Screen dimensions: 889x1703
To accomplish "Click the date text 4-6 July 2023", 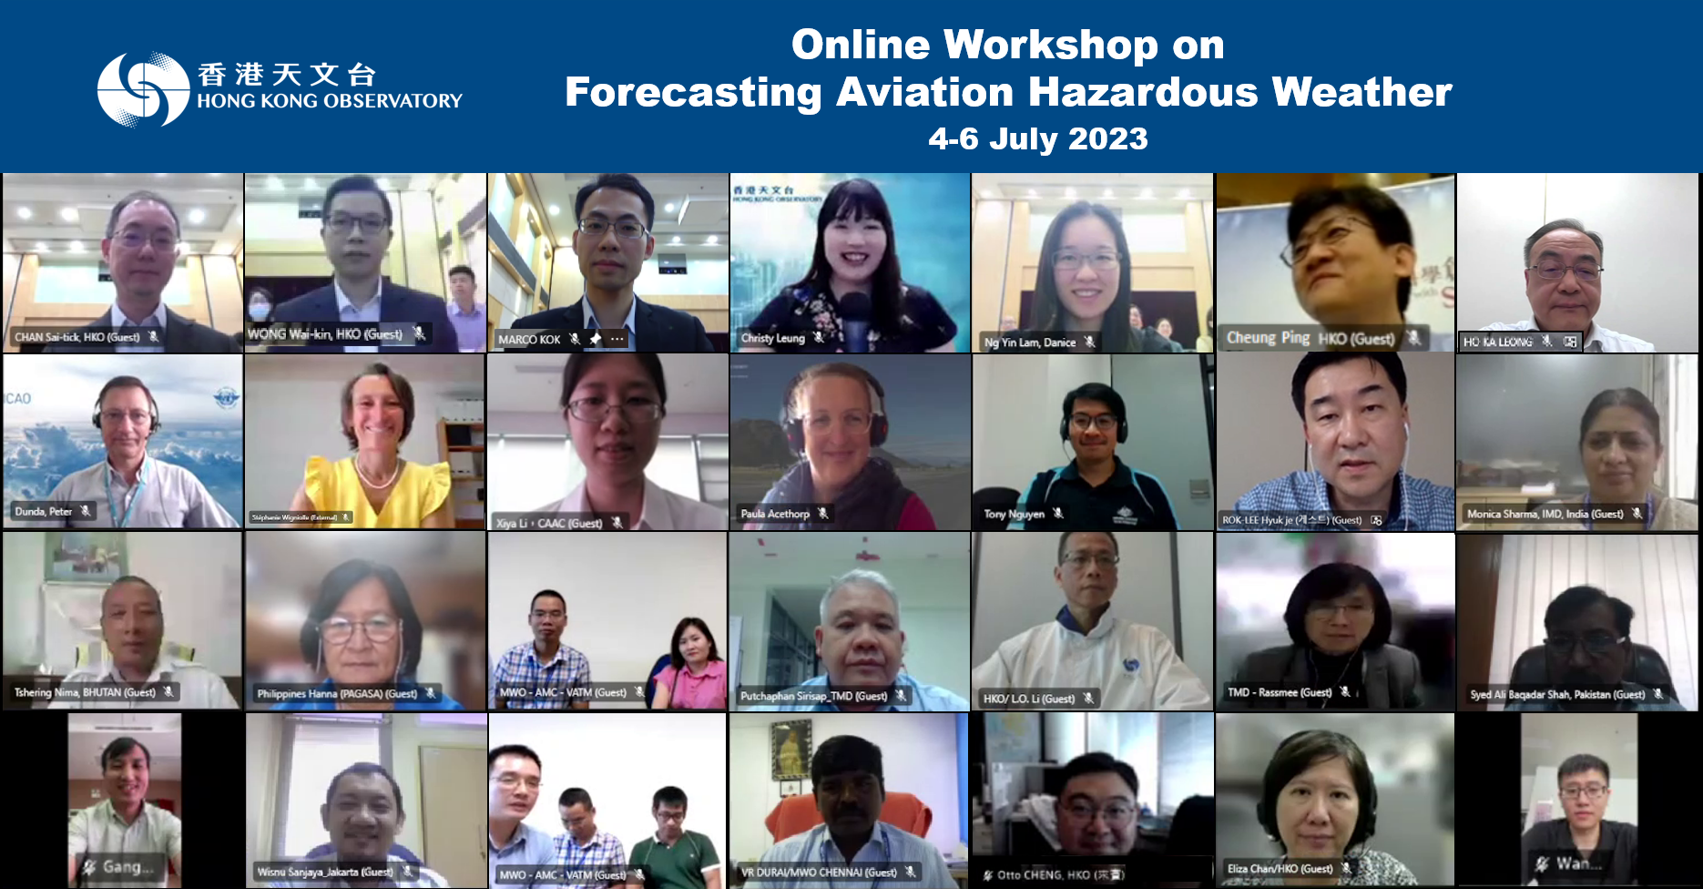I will point(1037,138).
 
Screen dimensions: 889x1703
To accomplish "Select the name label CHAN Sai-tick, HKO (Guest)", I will point(77,337).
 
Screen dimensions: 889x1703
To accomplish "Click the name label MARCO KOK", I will point(529,340).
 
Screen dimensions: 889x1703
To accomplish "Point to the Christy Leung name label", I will point(772,339).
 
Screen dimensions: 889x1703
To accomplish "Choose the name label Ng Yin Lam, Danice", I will point(1029,342).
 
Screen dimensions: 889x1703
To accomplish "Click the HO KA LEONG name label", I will point(1497,342).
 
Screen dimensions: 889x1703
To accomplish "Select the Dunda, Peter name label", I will point(44,512).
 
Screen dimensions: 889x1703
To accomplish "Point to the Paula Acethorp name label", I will point(775,514).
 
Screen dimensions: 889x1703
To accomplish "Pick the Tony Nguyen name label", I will point(1014,514).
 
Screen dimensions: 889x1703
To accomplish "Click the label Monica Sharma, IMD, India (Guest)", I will point(1545,514).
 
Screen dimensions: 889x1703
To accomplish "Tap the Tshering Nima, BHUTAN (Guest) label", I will point(85,692).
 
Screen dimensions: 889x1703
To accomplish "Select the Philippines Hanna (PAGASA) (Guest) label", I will point(337,694).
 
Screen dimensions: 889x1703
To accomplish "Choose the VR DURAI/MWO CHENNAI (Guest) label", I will point(819,873).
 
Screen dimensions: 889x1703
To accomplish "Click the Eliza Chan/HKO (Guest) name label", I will point(1280,869).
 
